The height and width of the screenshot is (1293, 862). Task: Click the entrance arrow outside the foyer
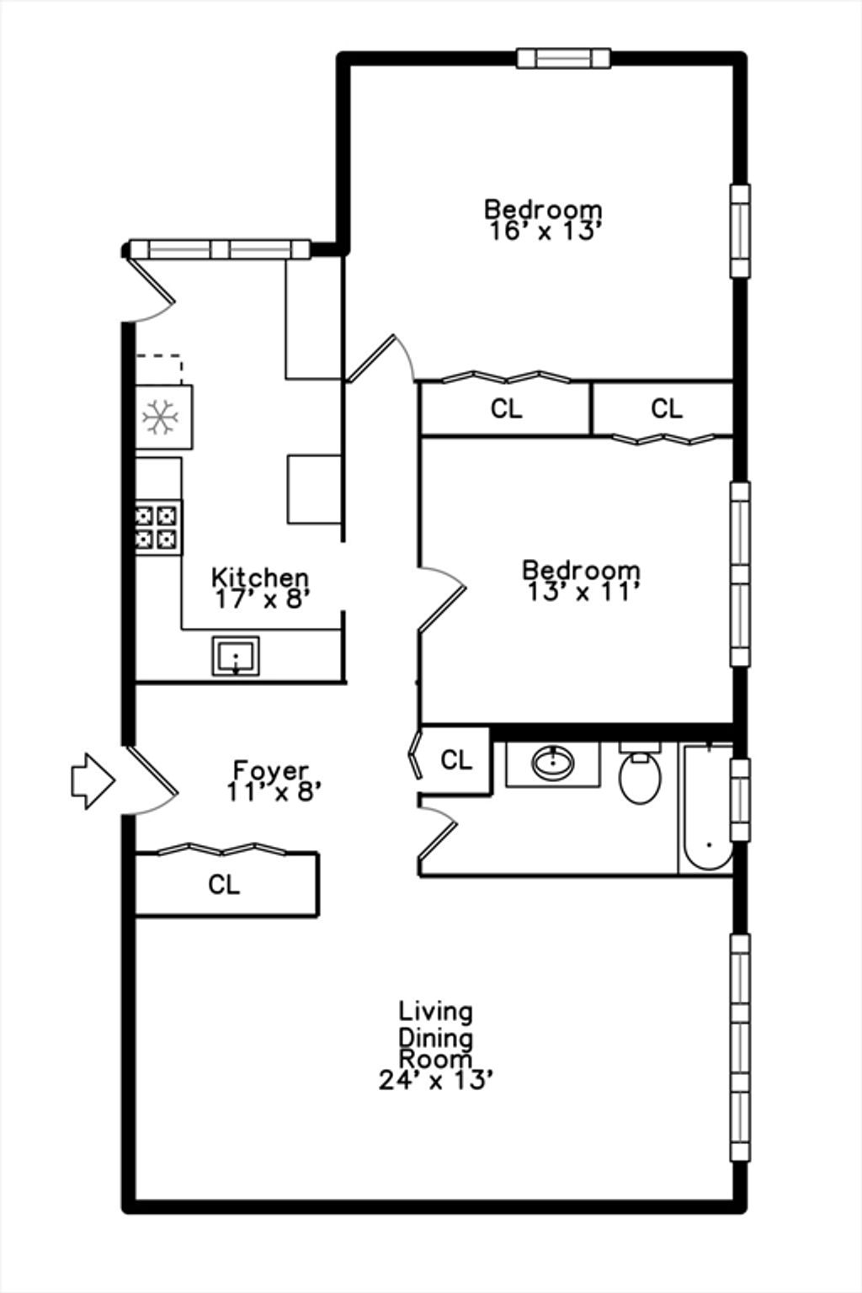[x=93, y=780]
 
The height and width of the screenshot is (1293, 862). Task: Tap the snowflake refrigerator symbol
[x=161, y=417]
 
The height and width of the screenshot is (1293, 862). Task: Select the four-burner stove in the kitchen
[x=157, y=527]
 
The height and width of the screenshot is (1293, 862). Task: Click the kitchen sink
[x=236, y=656]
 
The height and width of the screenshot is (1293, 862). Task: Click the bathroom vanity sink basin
[x=553, y=764]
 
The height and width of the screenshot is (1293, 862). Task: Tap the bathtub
[x=705, y=808]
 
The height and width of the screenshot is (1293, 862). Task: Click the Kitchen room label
[x=260, y=577]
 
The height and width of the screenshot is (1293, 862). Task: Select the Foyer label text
[x=271, y=770]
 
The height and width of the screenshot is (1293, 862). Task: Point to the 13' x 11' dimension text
[x=583, y=592]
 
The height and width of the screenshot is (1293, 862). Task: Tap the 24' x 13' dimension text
[x=436, y=1079]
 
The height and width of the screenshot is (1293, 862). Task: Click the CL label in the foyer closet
[x=224, y=884]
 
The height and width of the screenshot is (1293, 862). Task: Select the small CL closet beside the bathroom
[x=456, y=759]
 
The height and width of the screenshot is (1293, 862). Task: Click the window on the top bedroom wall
[x=563, y=58]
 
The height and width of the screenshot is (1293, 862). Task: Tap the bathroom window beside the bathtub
[x=740, y=800]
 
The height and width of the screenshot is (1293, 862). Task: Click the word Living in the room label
[x=436, y=1012]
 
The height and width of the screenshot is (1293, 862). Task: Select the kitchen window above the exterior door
[x=218, y=249]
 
